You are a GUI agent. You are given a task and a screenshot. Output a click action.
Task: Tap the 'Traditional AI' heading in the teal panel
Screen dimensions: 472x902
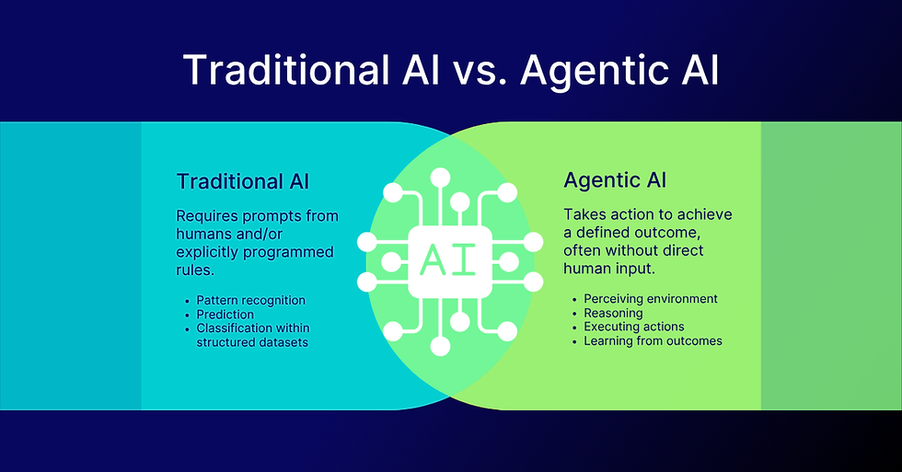(243, 180)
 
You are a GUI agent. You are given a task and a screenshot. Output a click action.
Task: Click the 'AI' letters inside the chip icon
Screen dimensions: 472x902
(450, 260)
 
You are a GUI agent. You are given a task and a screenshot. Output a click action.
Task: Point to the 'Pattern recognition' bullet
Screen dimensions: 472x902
(250, 300)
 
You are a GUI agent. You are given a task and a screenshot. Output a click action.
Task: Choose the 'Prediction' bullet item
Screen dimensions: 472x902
(225, 314)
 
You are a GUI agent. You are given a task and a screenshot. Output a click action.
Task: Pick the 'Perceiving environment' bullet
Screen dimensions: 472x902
(650, 299)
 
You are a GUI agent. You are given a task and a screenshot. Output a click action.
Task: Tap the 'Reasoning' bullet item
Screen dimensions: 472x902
(614, 313)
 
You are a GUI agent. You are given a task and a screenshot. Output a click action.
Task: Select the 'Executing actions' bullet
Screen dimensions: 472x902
(633, 327)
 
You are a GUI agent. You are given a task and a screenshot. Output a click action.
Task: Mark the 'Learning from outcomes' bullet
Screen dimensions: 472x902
(653, 340)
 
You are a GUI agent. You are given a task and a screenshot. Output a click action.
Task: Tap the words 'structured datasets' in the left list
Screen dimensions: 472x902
(251, 341)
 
